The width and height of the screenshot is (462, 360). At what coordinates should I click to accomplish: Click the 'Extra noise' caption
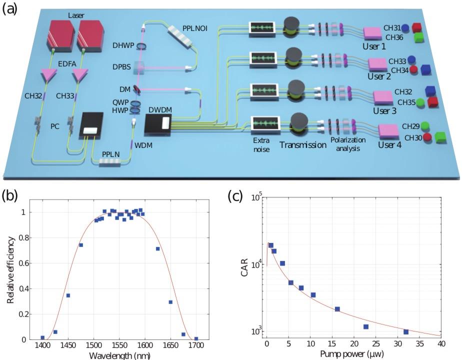[x=261, y=145]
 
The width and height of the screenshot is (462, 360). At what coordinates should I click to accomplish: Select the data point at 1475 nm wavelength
[x=80, y=245]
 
